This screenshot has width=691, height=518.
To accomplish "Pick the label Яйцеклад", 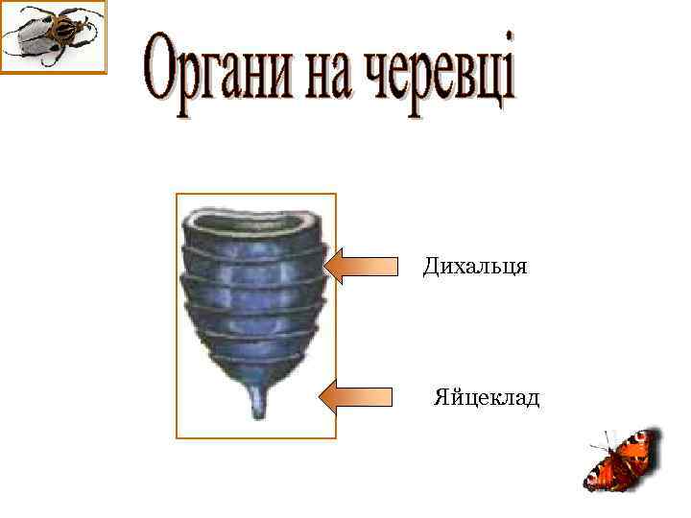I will tap(487, 396).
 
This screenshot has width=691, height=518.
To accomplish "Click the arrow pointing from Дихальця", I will tap(364, 266).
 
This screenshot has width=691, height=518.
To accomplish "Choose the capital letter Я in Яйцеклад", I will tap(441, 396).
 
